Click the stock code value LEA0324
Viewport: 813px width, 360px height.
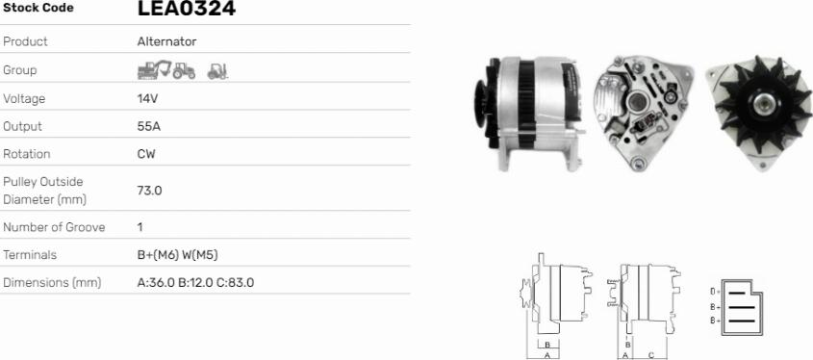pyautogui.click(x=186, y=8)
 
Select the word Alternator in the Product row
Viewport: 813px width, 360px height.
pyautogui.click(x=166, y=41)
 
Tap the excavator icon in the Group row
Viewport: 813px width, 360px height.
pyautogui.click(x=154, y=69)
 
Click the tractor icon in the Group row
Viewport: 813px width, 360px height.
pyautogui.click(x=184, y=70)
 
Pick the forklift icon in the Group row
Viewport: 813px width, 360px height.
pyautogui.click(x=217, y=71)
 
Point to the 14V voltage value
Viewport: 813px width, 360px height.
pyautogui.click(x=147, y=98)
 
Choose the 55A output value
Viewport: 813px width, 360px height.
pyautogui.click(x=149, y=126)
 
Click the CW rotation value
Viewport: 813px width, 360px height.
pyautogui.click(x=146, y=154)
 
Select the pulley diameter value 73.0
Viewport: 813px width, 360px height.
pyautogui.click(x=149, y=191)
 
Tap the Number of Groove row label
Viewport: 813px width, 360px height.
pyautogui.click(x=54, y=227)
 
